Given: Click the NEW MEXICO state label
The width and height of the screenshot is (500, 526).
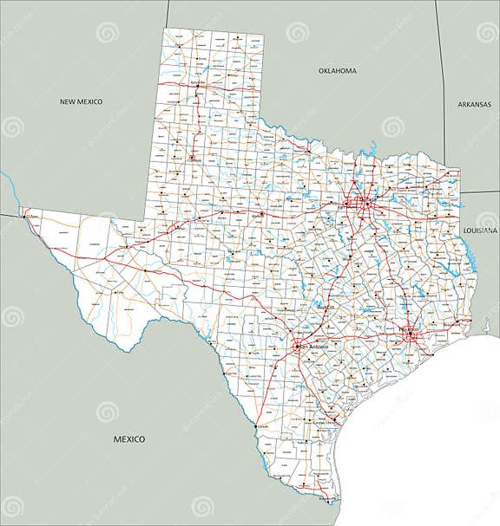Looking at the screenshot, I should click(x=81, y=101).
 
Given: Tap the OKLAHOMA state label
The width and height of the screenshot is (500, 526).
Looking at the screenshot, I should click(x=338, y=70).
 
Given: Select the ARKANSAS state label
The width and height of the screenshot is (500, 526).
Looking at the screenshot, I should click(x=474, y=104).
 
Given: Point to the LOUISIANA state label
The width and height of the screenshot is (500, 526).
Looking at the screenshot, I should click(x=480, y=231).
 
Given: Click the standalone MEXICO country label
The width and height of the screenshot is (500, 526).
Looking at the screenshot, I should click(x=129, y=439).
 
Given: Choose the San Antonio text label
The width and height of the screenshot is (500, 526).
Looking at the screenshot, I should click(x=315, y=347).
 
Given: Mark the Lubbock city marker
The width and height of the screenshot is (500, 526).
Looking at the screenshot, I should click(x=192, y=158).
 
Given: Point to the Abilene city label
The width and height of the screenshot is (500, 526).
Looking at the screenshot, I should click(x=257, y=215).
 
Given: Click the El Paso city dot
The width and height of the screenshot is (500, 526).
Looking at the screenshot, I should click(x=24, y=212).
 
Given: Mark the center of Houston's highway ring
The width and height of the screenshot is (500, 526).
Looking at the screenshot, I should click(x=410, y=333).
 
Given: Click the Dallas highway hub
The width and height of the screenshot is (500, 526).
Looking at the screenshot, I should click(x=365, y=203).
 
